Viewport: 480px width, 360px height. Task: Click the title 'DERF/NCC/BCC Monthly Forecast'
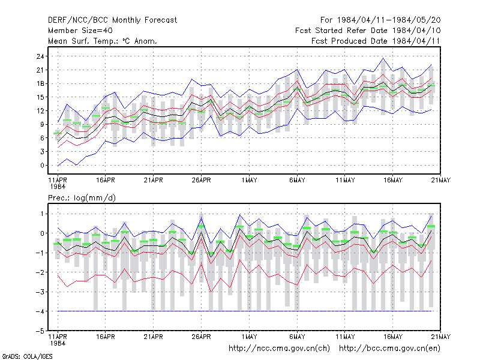tap(112, 20)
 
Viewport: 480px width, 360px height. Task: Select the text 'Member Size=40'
tap(80, 31)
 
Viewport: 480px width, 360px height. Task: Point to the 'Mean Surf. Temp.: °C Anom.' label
tap(103, 41)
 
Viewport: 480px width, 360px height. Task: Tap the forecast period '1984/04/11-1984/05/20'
tap(389, 20)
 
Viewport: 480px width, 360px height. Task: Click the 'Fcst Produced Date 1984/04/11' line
tap(376, 41)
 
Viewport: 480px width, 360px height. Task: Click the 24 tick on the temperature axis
tap(40, 56)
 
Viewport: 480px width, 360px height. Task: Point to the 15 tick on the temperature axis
tap(40, 97)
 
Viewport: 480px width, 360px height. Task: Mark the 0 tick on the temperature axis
tap(42, 166)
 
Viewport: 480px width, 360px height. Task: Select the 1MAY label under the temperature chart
tap(249, 180)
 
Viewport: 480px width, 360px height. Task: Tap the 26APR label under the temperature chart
tap(201, 180)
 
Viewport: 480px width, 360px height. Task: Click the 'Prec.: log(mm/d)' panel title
tap(82, 198)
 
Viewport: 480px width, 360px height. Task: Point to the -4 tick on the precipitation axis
tap(40, 311)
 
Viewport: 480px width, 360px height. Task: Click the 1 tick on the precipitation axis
tap(42, 214)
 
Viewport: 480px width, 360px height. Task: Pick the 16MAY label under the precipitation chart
tap(393, 337)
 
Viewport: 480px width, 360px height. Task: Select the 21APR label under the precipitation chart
tap(153, 337)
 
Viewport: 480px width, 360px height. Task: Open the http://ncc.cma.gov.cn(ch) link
tap(279, 349)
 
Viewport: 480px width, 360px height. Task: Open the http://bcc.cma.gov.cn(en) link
tap(389, 349)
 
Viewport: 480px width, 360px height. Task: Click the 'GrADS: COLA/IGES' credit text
tap(27, 356)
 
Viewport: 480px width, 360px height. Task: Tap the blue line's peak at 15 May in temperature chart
tap(383, 58)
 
